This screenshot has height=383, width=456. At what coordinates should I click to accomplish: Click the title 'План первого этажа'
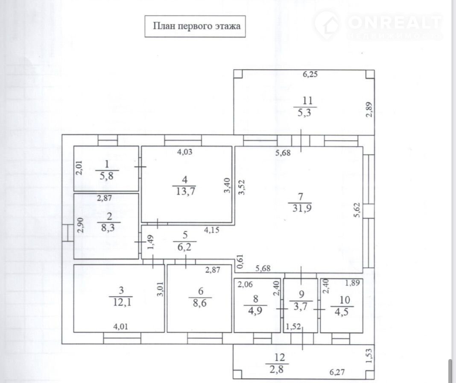tap(196, 26)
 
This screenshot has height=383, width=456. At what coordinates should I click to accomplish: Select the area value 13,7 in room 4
tap(186, 191)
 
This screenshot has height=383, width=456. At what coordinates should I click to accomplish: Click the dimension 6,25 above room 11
tap(310, 74)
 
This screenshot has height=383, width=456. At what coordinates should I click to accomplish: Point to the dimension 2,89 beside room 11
tap(369, 109)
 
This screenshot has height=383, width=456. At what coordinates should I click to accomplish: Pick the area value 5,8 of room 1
tap(106, 176)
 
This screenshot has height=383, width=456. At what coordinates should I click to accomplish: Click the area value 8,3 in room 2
tap(108, 227)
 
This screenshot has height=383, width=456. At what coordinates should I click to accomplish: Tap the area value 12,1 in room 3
tap(122, 302)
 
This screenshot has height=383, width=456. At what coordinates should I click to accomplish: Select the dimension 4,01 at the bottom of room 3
tap(120, 327)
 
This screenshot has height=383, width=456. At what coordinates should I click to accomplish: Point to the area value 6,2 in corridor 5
tap(184, 247)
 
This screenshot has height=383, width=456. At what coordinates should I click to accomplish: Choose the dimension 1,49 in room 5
tap(150, 242)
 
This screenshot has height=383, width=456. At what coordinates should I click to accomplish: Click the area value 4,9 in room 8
tap(255, 310)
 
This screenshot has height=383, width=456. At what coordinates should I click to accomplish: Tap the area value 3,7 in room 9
tap(300, 306)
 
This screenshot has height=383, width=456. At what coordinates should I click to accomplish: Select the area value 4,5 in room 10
tap(342, 312)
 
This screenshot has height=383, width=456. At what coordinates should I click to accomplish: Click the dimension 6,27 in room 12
tap(337, 372)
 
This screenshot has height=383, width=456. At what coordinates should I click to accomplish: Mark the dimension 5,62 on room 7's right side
tap(357, 210)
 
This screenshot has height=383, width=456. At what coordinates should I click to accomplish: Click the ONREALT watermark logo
tap(378, 25)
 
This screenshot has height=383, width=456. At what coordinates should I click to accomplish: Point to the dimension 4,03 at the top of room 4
tap(185, 152)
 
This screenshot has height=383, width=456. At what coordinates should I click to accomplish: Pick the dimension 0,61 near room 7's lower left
tap(240, 261)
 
